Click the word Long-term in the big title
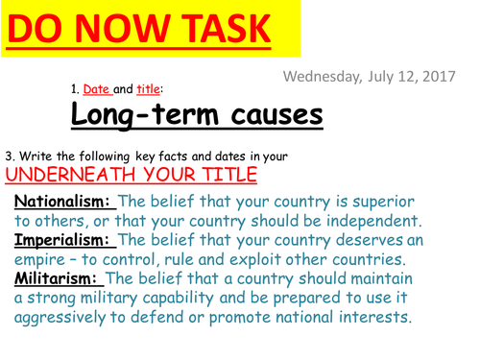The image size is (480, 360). tap(139, 115)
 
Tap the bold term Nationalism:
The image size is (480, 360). tap(63, 201)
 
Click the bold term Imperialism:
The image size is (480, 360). tap(64, 240)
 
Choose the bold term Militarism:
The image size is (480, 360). tap(57, 278)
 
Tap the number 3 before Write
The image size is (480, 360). tap(9, 155)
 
